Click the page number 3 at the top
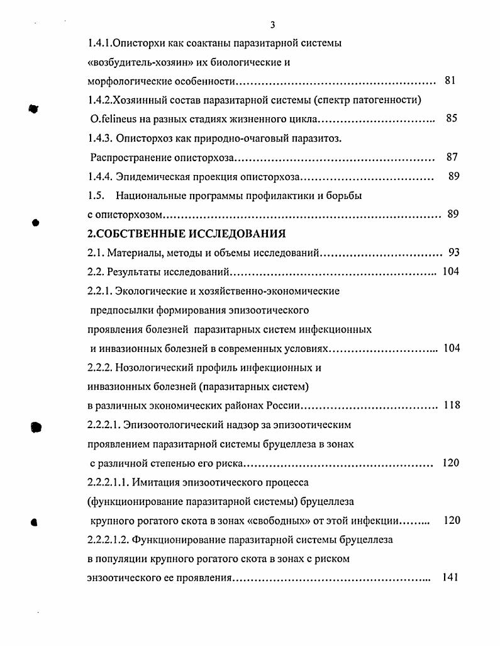(x=272, y=25)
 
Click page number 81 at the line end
(x=450, y=81)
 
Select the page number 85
(x=451, y=118)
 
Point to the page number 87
(x=451, y=157)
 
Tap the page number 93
(x=453, y=252)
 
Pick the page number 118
(x=452, y=405)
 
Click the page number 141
(x=449, y=577)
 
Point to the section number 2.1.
(x=95, y=253)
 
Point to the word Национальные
(x=151, y=196)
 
